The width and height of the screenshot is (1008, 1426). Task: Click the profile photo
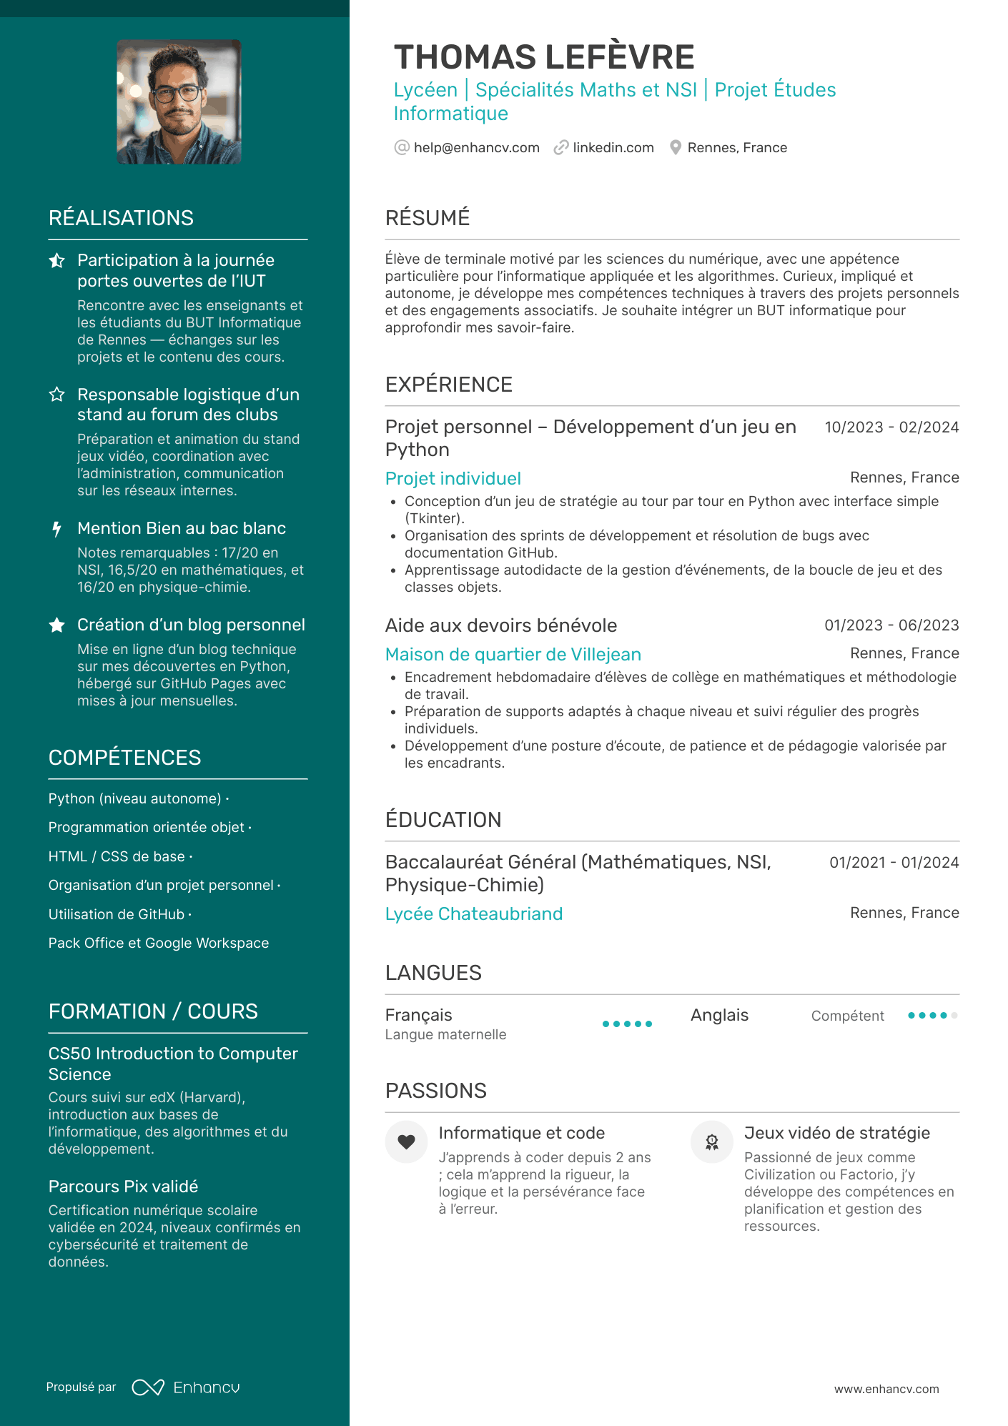coord(179,101)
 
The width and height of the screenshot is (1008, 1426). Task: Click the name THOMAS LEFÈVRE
coord(543,57)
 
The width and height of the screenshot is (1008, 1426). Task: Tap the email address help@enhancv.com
coord(476,148)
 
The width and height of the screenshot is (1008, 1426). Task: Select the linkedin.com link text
coord(613,148)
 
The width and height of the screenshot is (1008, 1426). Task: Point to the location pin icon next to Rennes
coord(675,148)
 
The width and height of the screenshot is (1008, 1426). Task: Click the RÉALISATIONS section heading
coord(121,218)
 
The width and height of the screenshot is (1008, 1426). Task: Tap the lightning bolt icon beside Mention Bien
coord(57,529)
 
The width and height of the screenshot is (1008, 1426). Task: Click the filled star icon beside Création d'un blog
coord(57,625)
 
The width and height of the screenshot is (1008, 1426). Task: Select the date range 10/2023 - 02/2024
coord(891,427)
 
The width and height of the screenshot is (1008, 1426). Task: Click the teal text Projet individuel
coord(453,479)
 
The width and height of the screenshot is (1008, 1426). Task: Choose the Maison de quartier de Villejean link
coord(513,655)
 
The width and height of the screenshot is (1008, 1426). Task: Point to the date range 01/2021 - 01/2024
coord(894,863)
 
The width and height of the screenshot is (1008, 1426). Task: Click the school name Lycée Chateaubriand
coord(473,914)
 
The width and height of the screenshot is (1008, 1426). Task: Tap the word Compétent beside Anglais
coord(847,1016)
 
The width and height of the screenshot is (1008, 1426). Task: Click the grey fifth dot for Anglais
coord(954,1016)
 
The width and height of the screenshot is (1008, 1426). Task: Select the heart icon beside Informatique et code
coord(406,1142)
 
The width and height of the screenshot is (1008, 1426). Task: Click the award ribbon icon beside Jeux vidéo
coord(711,1142)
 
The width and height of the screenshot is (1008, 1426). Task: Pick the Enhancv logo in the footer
coord(186,1387)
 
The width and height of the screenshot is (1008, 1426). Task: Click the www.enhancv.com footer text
coord(886,1389)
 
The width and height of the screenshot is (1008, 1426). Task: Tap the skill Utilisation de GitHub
coord(117,914)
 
